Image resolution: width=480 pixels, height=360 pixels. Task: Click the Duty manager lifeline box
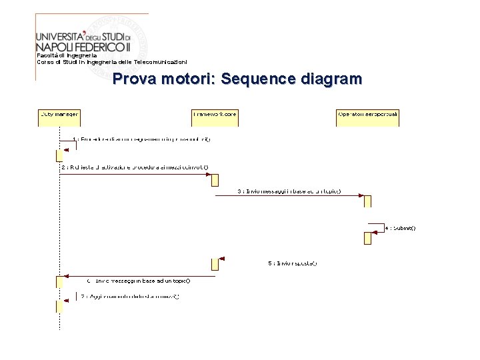pyautogui.click(x=59, y=116)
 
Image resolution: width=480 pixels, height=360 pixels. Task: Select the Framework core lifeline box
pyautogui.click(x=214, y=116)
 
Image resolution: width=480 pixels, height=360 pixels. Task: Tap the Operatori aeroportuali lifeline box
pyautogui.click(x=367, y=116)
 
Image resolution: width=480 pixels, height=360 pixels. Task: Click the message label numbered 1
pyautogui.click(x=141, y=139)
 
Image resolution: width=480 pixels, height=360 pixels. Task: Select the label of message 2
pyautogui.click(x=134, y=167)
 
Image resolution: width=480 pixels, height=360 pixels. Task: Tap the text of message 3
pyautogui.click(x=289, y=191)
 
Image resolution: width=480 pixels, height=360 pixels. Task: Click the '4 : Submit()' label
pyautogui.click(x=400, y=228)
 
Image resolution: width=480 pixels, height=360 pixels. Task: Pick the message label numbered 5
pyautogui.click(x=293, y=263)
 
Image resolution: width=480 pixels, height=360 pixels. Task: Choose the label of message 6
pyautogui.click(x=138, y=281)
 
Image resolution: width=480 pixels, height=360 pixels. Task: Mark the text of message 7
pyautogui.click(x=130, y=296)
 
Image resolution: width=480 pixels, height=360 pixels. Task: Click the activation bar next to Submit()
pyautogui.click(x=367, y=237)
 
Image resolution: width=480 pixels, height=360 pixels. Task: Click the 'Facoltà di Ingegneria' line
pyautogui.click(x=67, y=55)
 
